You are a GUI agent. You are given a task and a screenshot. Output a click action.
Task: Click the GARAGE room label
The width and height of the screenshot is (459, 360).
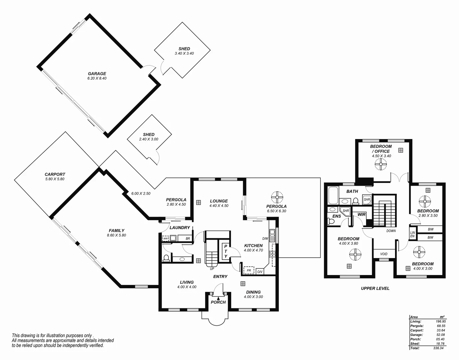[x=97, y=74]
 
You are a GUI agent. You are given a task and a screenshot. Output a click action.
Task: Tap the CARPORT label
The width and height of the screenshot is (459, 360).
[x=55, y=174]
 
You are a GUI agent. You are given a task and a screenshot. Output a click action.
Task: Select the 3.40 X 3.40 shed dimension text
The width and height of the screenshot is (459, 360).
[x=184, y=53]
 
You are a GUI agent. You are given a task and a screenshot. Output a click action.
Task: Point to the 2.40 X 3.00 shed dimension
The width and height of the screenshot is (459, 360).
[x=149, y=139]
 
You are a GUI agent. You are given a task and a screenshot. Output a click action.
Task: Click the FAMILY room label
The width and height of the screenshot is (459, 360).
[x=117, y=230]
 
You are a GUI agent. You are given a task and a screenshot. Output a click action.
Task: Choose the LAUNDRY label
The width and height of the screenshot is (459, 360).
[x=180, y=228]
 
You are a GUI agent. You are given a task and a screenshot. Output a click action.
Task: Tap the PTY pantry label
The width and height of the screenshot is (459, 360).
[x=226, y=251]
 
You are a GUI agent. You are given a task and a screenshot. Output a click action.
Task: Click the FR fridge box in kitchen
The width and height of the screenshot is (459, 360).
[x=248, y=270]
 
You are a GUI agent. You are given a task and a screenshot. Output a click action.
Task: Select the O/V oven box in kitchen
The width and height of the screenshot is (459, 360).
[x=260, y=272]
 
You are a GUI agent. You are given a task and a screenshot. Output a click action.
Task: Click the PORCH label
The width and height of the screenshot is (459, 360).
[x=218, y=302]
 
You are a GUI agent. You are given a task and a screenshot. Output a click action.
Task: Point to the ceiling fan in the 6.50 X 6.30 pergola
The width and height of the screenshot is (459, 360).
[x=276, y=197]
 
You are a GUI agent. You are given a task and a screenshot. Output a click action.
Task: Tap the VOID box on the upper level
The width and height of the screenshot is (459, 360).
[x=384, y=254]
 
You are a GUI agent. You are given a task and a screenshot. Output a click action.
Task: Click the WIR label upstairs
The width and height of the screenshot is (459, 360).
[x=361, y=214]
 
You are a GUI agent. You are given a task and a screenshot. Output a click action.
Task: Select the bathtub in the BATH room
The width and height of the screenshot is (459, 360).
[x=333, y=196]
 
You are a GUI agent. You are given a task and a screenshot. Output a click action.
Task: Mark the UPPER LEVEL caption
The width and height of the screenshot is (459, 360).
[x=375, y=288]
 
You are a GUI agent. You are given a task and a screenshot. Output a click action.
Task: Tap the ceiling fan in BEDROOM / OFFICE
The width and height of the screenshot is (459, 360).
[x=380, y=164]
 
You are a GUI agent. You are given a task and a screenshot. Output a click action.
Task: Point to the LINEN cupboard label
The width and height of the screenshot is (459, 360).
[x=412, y=234]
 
